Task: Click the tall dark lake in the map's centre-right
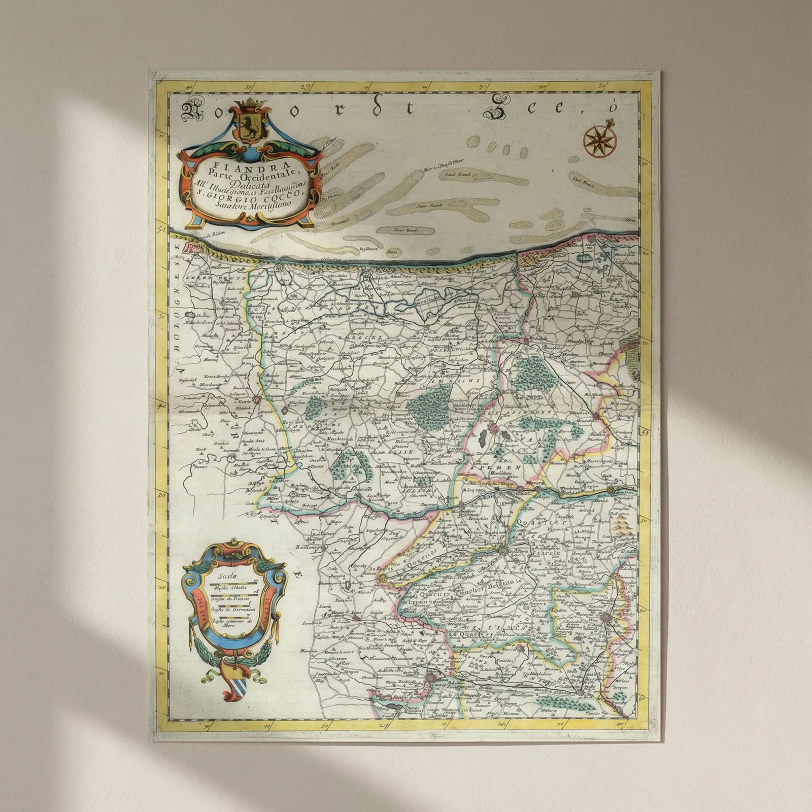pyautogui.click(x=483, y=438)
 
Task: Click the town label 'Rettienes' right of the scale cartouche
pyautogui.click(x=308, y=548)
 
